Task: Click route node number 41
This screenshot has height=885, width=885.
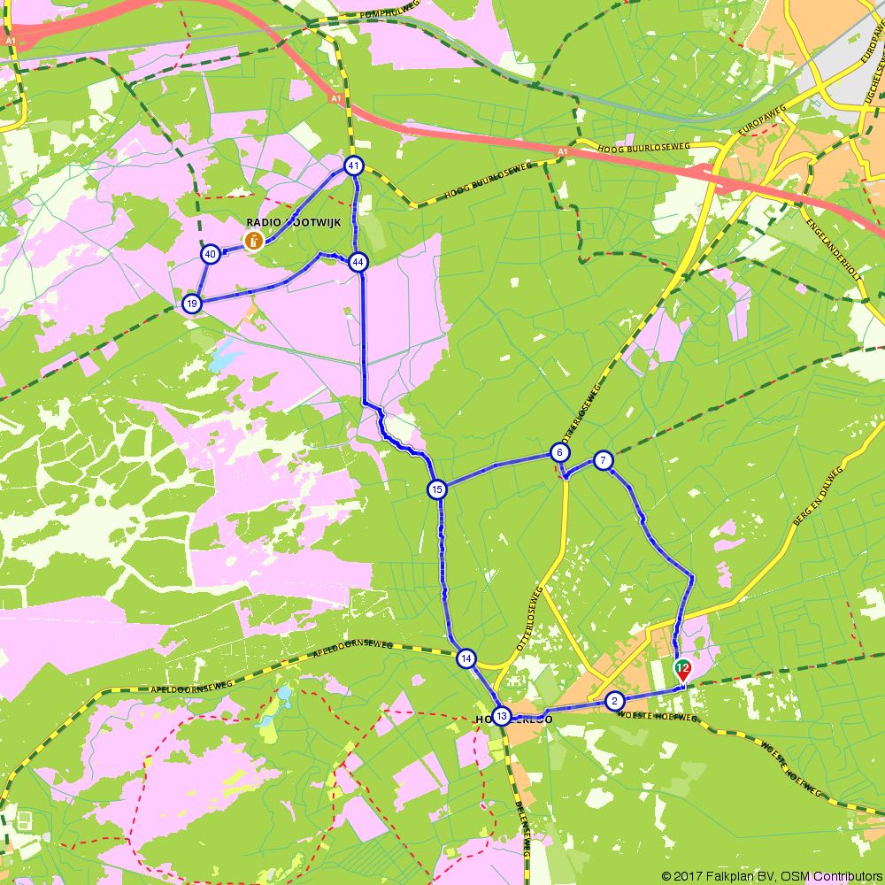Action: [354, 165]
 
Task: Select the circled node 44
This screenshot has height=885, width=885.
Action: [358, 262]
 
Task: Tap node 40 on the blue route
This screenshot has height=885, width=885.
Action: [211, 255]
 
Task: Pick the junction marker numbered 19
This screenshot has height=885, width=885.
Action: [191, 304]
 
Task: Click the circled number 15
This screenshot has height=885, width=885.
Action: [437, 489]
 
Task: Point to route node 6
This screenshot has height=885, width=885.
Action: [559, 453]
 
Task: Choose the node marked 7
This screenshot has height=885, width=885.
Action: [603, 460]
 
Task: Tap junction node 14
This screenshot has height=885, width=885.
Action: [466, 658]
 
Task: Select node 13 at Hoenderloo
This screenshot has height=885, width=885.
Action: [502, 716]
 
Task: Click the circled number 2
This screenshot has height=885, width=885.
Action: [614, 702]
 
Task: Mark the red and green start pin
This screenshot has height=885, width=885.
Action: [682, 670]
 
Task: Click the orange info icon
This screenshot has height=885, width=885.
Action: [253, 240]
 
